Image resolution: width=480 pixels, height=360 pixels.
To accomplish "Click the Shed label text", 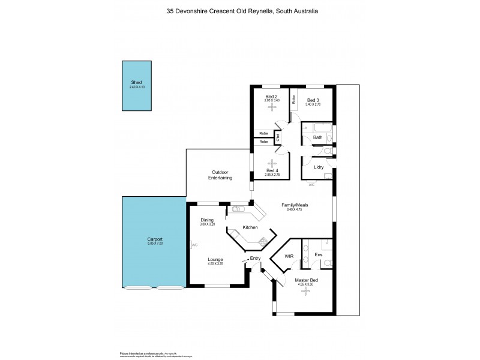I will pyautogui.click(x=137, y=82).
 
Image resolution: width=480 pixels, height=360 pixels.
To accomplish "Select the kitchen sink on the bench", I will pyautogui.click(x=238, y=209).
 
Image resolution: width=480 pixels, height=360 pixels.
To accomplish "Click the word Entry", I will pyautogui.click(x=256, y=259).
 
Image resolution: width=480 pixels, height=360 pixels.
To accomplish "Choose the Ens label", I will pyautogui.click(x=318, y=254).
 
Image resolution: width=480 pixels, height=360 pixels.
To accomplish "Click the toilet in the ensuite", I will pyautogui.click(x=327, y=263).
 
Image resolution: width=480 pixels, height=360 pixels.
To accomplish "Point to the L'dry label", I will pyautogui.click(x=319, y=167).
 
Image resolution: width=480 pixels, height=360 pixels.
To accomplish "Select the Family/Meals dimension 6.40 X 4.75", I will pyautogui.click(x=290, y=209).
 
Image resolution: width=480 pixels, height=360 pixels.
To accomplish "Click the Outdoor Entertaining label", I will pyautogui.click(x=221, y=175).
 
